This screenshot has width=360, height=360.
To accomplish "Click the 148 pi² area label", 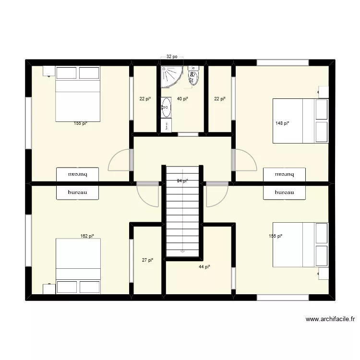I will coord(283,123).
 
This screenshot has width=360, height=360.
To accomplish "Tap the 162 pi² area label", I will coord(87,236).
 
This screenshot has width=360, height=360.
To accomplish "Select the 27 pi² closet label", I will coord(147,260).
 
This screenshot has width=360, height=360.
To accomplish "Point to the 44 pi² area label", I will coord(205,267).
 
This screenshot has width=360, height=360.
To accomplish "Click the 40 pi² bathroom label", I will coord(182,99).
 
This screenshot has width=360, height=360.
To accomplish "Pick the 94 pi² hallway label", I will coord(182,181).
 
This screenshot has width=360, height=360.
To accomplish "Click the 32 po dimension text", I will coord(172,57).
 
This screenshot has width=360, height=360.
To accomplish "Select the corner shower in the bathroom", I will coord(171,77).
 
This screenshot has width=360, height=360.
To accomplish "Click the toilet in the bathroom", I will coord(193,76).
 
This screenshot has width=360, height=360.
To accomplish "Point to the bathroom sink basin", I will coord(167,107).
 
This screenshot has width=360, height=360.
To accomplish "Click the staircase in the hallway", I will coord(182,211).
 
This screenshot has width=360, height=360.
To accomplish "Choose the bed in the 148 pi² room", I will coord(300,121).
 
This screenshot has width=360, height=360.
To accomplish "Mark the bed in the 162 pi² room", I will coord(78,266).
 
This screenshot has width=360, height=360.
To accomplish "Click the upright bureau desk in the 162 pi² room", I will coord(78,192).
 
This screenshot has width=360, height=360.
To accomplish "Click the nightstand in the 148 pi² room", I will coord(323,91).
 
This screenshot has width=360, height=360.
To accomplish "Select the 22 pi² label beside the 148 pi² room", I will coord(219,99).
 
